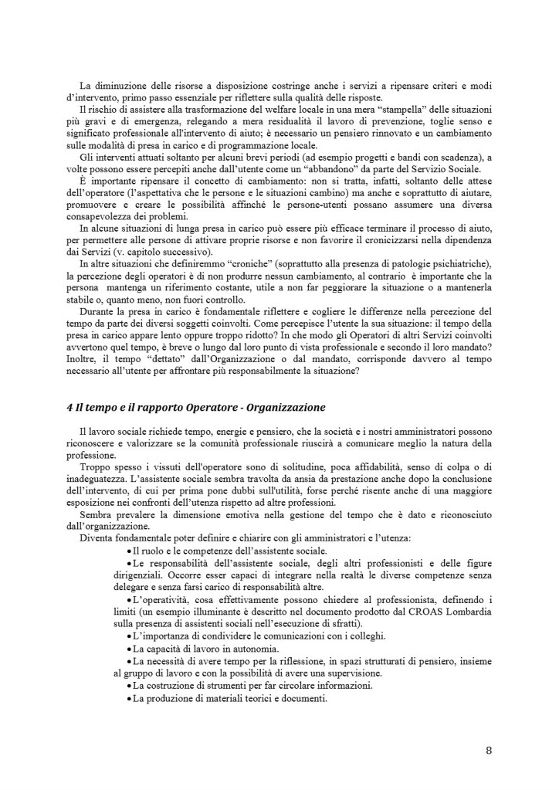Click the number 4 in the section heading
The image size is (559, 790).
[69, 407]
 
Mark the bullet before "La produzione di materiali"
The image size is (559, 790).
[128, 698]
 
